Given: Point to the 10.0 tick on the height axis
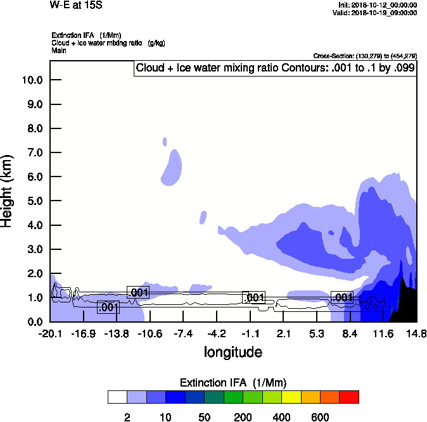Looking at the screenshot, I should coord(32,80).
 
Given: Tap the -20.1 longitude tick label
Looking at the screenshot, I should coord(50,334).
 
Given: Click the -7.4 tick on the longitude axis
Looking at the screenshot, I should coord(183,334).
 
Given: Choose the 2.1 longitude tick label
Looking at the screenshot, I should coord(283,334).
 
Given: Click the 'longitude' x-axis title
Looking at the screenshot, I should coord(233,352).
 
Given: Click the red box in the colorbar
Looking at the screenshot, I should coord(349,397).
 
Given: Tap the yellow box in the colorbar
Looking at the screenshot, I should coord(290,397).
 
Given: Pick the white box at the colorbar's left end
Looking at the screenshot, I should coord(117,397).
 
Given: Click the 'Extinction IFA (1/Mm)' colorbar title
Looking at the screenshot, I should coord(233,383).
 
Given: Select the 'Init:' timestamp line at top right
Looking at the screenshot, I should coord(378,5).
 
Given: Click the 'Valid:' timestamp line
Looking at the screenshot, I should coord(377,13).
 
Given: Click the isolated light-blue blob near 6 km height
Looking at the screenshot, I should coord(172,168).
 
